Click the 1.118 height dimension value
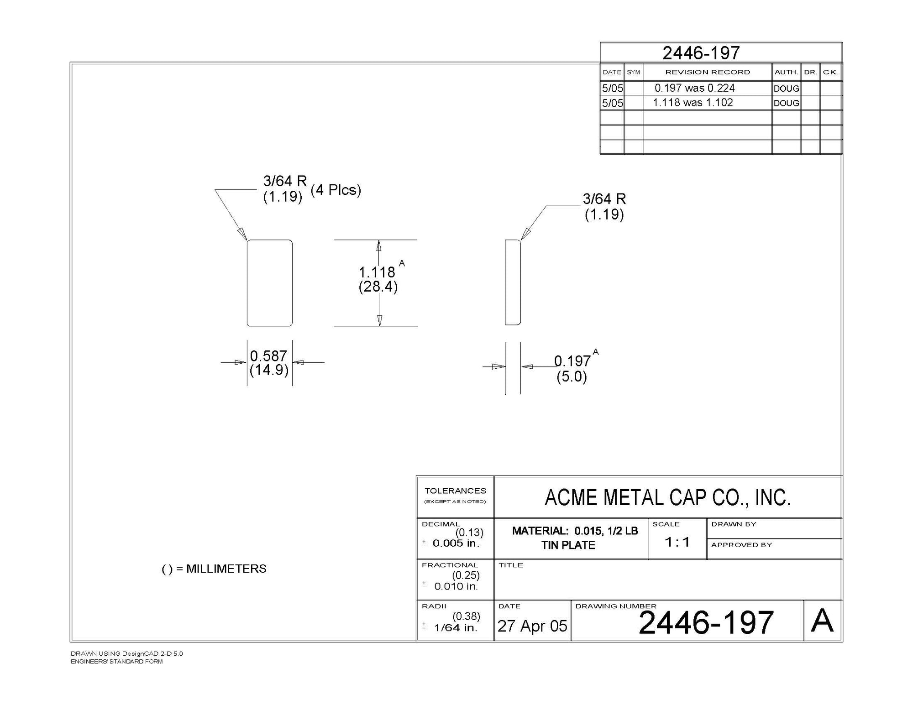377,272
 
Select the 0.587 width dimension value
268,356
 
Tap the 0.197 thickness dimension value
572,361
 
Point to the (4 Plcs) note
336,190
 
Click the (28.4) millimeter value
378,287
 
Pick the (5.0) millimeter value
572,377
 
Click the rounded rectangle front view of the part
270,283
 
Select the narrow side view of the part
513,282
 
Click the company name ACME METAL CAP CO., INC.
667,497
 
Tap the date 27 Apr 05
532,626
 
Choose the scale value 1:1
677,542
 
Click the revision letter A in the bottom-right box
822,621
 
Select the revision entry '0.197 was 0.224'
694,88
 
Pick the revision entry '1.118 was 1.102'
693,103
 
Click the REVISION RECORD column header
708,72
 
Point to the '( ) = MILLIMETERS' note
214,569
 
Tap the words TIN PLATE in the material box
568,545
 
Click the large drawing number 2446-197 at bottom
706,622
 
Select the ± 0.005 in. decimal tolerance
451,543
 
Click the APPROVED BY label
741,545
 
